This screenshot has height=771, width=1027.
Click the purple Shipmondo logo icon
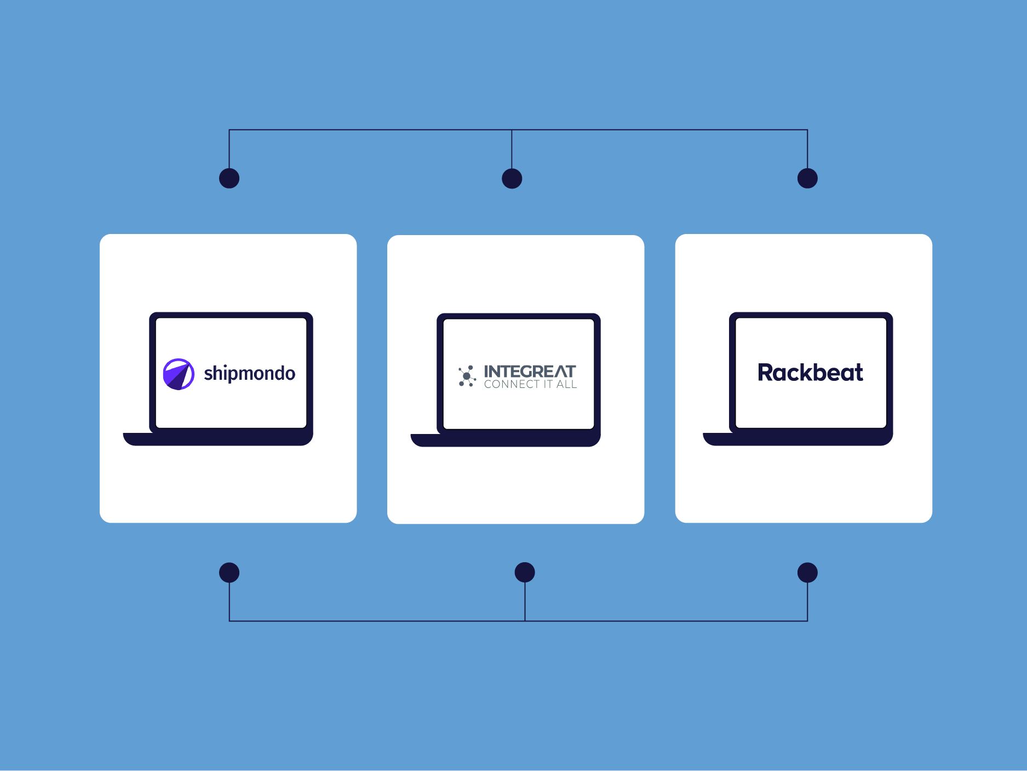coord(179,374)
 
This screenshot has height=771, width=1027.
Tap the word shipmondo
coord(249,374)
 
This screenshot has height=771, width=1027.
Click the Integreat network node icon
coord(467,376)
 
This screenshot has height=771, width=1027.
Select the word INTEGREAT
coord(530,371)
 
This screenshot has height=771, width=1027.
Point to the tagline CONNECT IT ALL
coord(530,385)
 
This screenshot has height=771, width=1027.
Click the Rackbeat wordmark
coord(810,373)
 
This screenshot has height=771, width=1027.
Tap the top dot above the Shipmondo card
coord(229,178)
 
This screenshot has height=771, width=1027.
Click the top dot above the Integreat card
coord(512,179)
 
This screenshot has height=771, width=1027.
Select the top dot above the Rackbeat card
coord(807,178)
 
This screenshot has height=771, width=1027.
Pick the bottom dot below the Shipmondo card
coord(229,573)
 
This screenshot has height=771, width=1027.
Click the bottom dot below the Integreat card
coord(525,573)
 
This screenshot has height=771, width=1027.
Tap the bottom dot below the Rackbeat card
coord(807,573)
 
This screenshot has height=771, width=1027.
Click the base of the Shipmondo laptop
coord(218,439)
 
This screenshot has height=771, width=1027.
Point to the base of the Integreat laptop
coord(505,440)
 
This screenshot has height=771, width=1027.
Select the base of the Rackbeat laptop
coord(797,439)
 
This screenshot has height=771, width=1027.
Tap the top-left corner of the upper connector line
coord(229,130)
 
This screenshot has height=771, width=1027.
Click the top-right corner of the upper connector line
coord(807,130)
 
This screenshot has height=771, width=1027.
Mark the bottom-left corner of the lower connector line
coord(229,621)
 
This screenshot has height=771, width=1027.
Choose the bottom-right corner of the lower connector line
coord(807,621)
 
